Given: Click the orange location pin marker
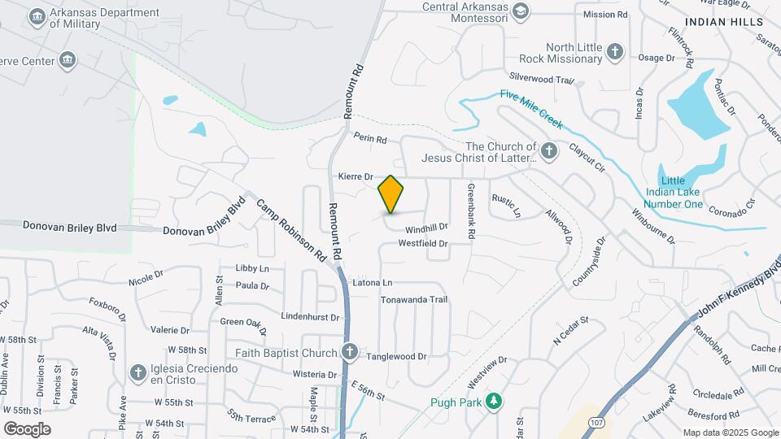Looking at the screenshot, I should [x=391, y=194].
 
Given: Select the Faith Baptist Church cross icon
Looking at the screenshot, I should [x=350, y=353].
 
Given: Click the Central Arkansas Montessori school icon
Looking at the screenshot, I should [x=520, y=9].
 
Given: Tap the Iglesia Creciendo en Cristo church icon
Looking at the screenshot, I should [x=137, y=373].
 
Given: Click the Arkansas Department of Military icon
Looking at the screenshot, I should [x=37, y=16].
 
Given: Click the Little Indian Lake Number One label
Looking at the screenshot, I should [x=682, y=192].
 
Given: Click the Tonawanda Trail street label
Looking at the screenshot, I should [x=414, y=300].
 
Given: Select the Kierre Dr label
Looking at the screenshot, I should [x=355, y=176].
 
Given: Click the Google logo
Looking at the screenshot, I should [x=28, y=428].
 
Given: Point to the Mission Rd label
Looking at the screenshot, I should [x=605, y=15].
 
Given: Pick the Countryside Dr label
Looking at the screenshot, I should [x=589, y=262].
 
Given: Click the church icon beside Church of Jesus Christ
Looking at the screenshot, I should [x=549, y=150].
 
